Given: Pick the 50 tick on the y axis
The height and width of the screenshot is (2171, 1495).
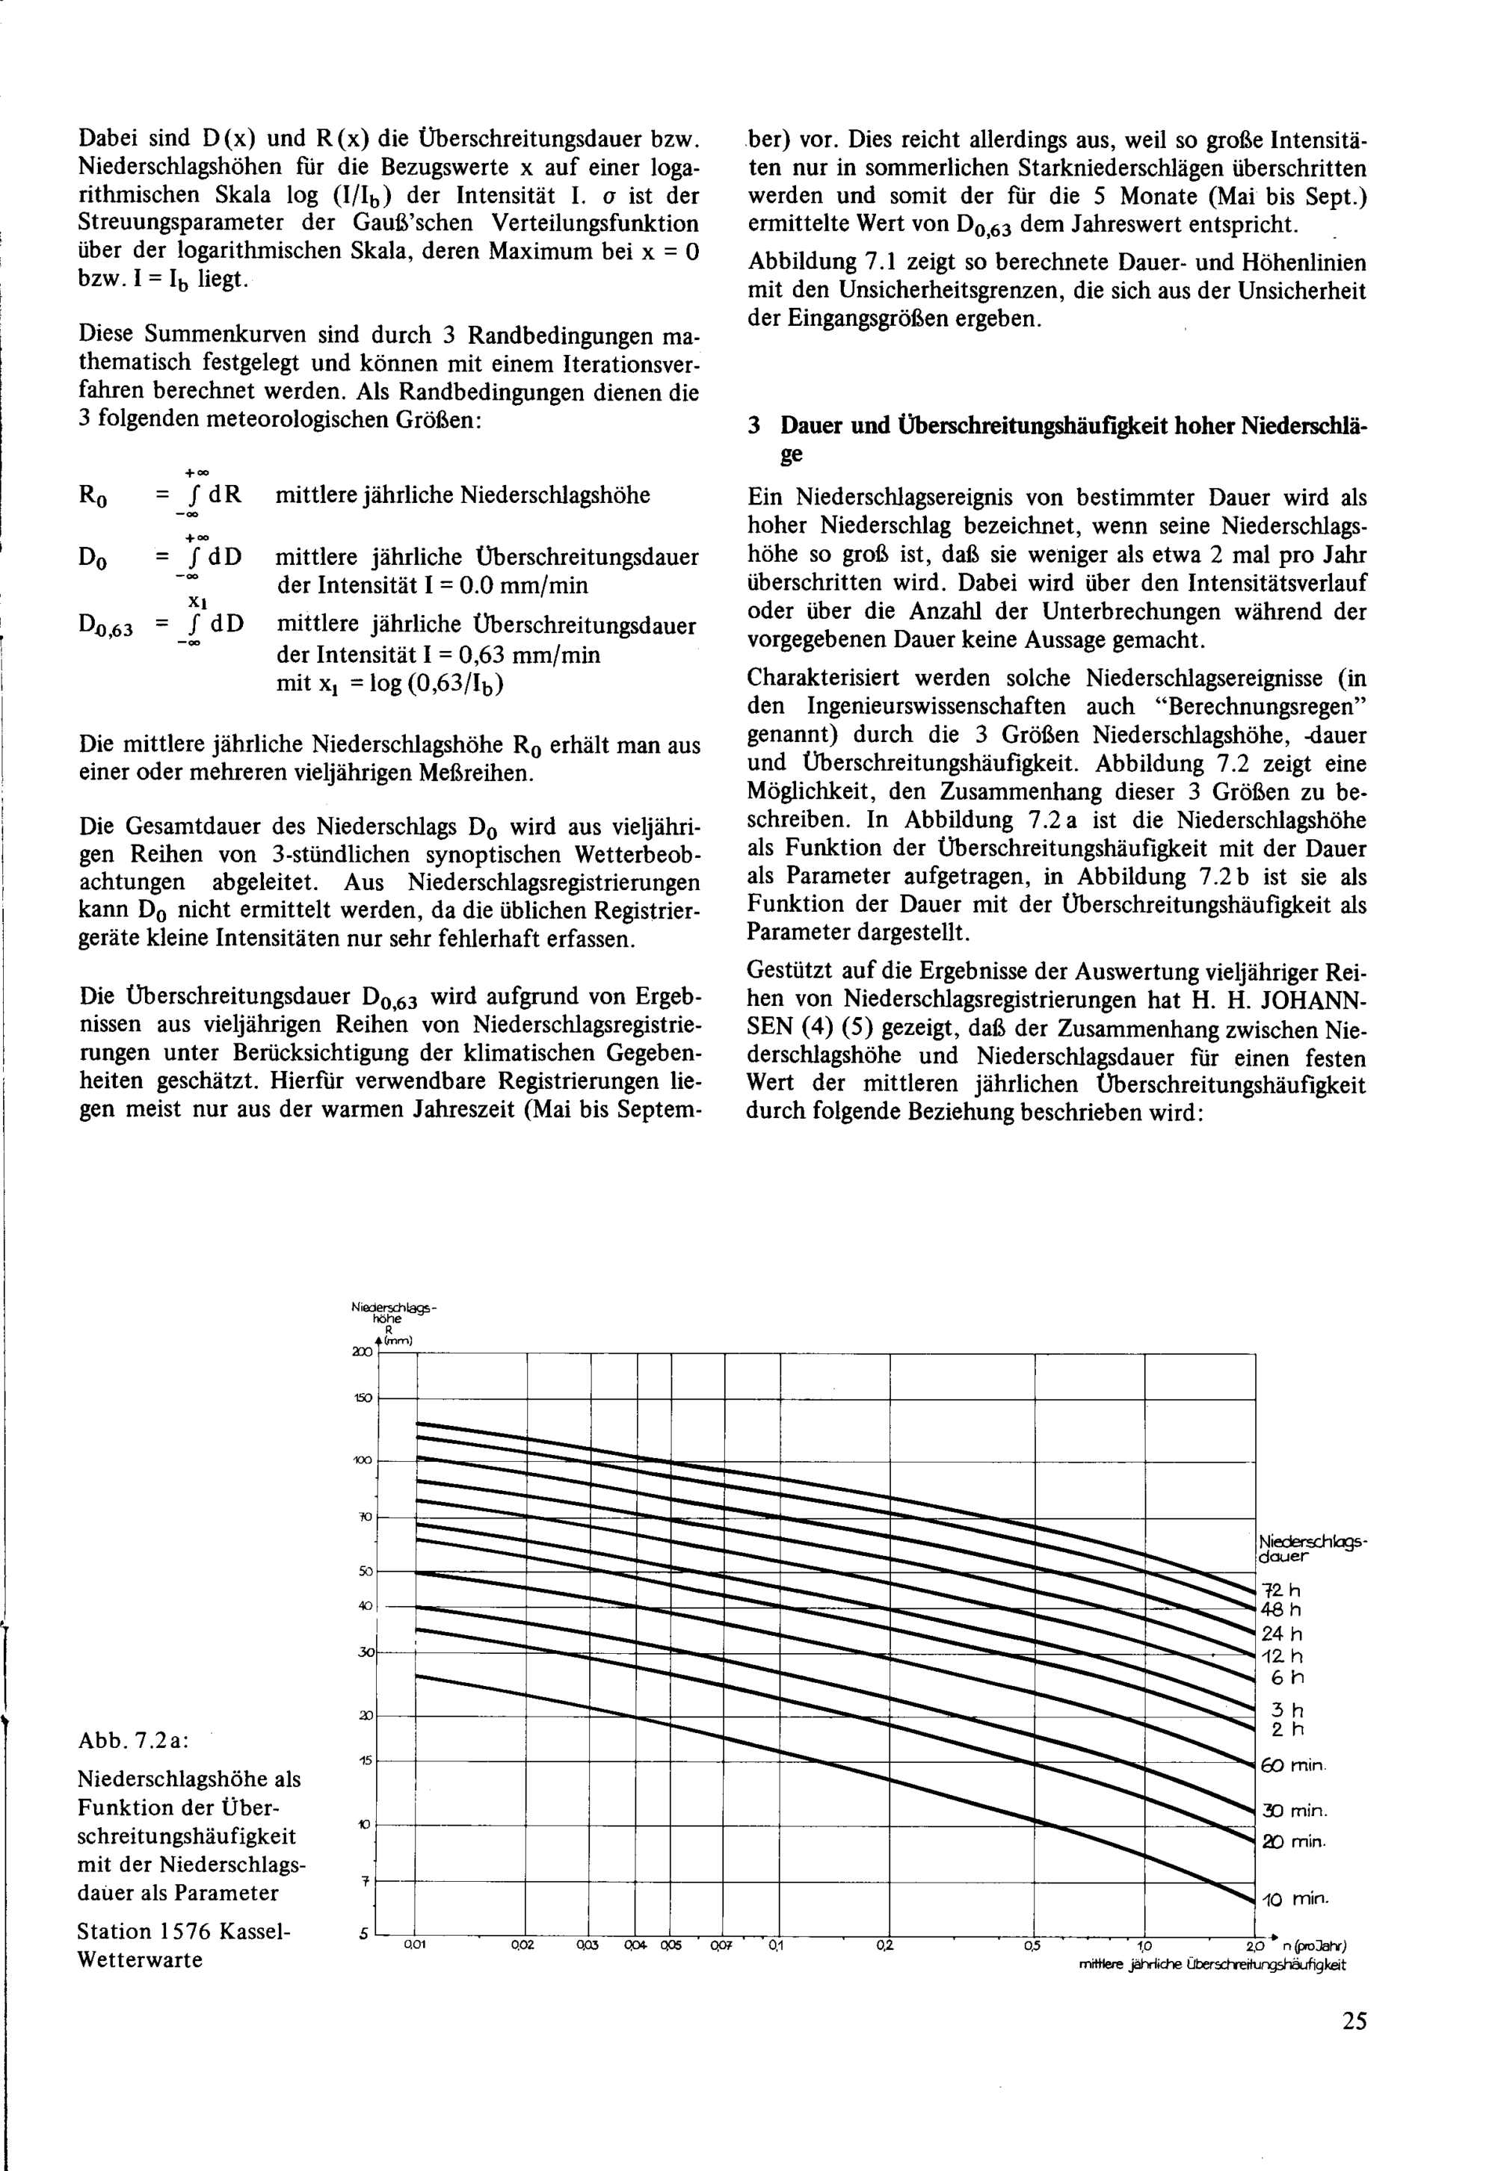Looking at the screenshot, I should pos(366,1572).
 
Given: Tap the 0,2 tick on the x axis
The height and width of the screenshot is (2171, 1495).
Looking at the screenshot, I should pos(884,1945).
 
